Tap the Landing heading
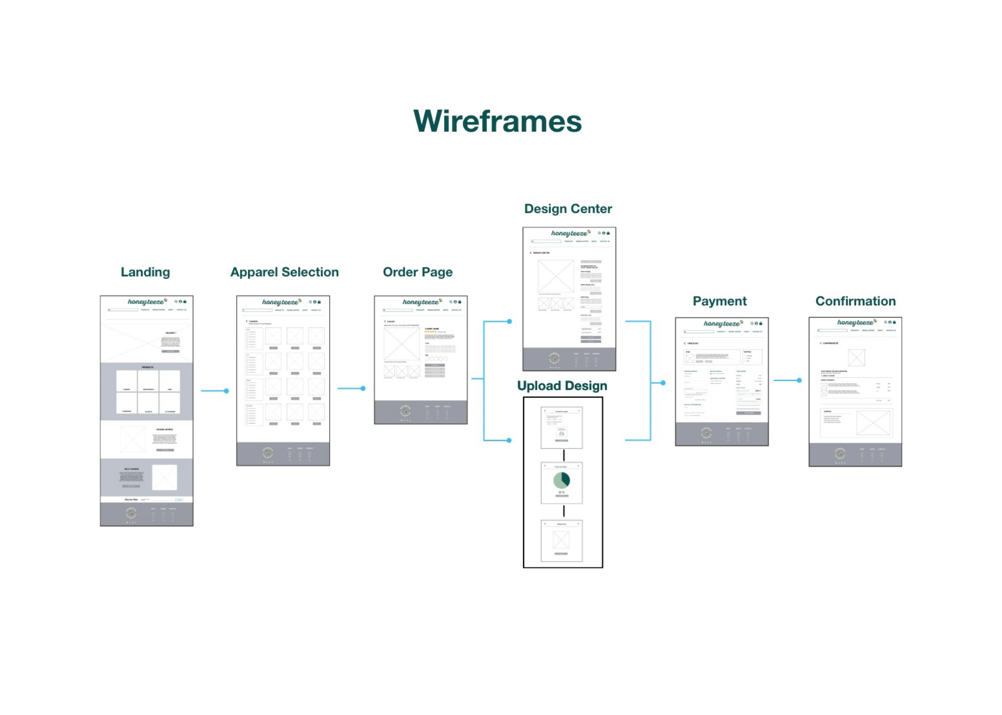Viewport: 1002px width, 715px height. tap(145, 272)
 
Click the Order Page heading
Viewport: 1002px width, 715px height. tap(418, 272)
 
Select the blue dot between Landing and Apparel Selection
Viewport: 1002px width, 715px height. tap(226, 391)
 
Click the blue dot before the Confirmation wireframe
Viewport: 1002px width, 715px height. tap(799, 380)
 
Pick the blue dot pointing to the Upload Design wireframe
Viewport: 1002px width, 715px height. tap(509, 440)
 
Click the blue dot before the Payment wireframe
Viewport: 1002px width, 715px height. tap(663, 383)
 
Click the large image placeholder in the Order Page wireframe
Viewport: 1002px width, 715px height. tap(401, 345)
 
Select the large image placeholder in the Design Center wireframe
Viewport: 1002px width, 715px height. tap(556, 276)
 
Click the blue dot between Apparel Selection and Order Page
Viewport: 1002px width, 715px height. tap(363, 388)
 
